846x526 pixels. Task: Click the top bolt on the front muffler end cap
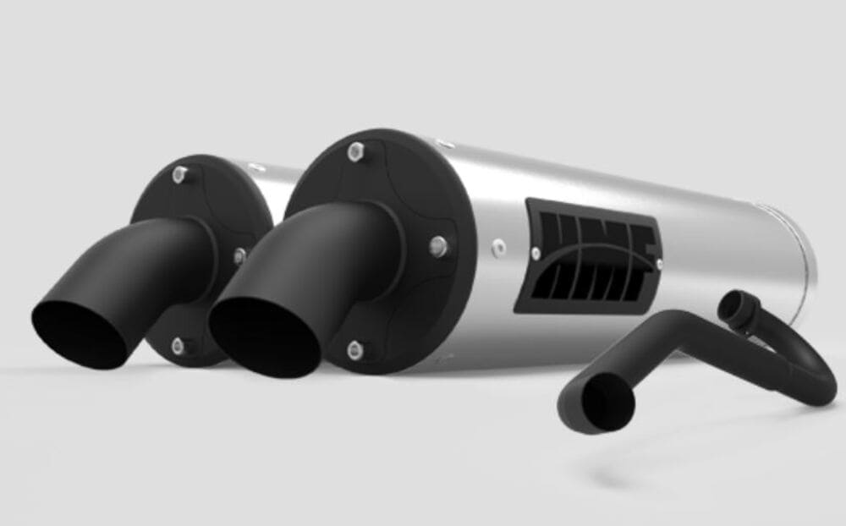coord(354,152)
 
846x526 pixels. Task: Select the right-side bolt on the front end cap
coord(437,246)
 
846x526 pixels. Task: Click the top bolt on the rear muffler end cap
coord(179,175)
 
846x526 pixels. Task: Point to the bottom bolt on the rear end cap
coord(178,344)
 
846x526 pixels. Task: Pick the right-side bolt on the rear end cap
coord(240,255)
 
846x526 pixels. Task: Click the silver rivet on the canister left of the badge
coord(499,247)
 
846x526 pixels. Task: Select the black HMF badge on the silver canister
coord(592,254)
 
